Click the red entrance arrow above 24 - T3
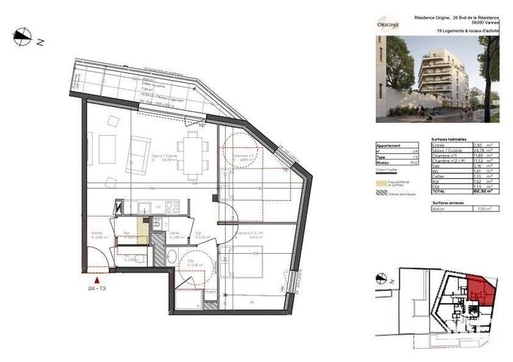[x=97, y=279]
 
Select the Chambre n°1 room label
[x=244, y=156]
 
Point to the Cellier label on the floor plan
[x=174, y=233]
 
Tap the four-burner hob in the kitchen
[x=172, y=207]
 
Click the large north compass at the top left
[x=23, y=37]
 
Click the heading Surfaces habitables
[x=449, y=139]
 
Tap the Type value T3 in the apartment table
[x=415, y=156]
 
